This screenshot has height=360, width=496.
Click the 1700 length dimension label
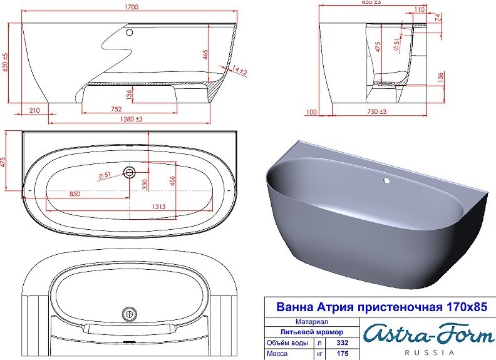(x=132, y=7)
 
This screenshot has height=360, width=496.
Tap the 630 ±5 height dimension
(x=5, y=63)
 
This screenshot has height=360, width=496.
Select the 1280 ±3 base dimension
(x=132, y=119)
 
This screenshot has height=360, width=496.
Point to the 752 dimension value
(x=116, y=109)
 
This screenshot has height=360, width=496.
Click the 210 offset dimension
(x=34, y=110)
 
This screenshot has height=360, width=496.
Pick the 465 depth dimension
(x=205, y=55)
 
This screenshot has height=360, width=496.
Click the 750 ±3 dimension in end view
(x=377, y=111)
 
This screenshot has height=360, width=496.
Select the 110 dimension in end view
(x=419, y=9)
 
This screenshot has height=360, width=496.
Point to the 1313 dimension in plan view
(x=159, y=207)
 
